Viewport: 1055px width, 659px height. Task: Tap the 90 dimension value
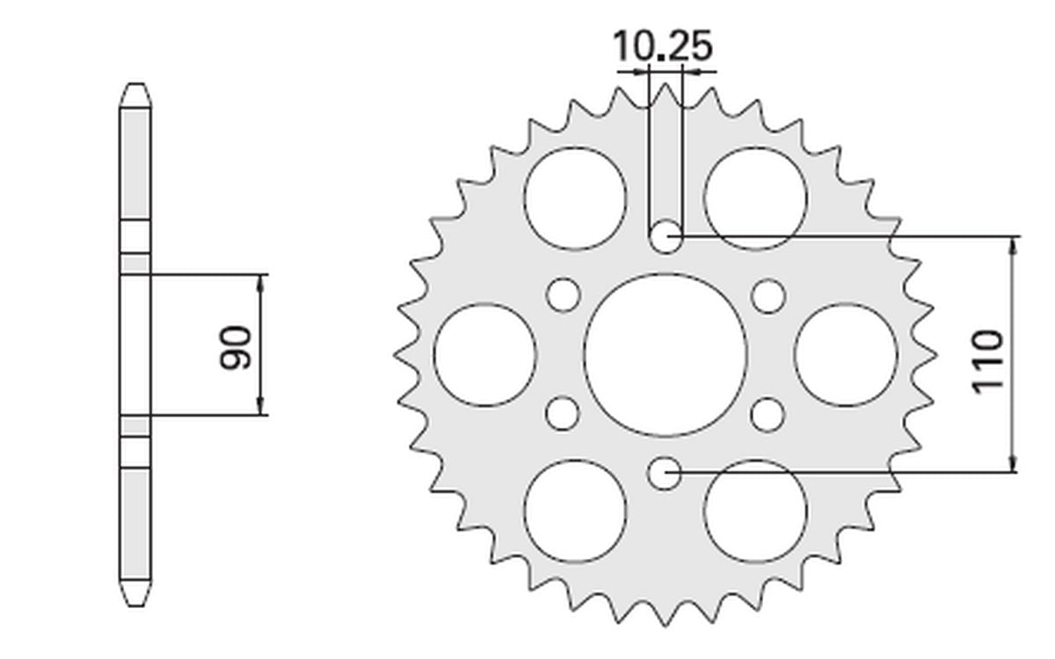[236, 346]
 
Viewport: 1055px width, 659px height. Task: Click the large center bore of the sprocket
[666, 354]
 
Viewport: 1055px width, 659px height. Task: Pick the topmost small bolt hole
[666, 235]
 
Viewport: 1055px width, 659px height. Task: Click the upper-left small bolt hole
[563, 295]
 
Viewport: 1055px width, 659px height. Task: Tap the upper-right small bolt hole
[768, 295]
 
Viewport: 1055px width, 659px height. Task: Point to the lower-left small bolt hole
[563, 412]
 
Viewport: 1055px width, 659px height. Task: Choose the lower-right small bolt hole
[768, 412]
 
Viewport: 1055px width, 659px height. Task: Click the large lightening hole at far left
[485, 354]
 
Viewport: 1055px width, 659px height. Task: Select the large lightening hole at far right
[846, 354]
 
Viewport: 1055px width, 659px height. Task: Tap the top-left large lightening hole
[576, 198]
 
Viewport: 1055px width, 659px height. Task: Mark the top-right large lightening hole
[755, 198]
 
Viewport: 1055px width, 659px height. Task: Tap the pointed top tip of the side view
[135, 86]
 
